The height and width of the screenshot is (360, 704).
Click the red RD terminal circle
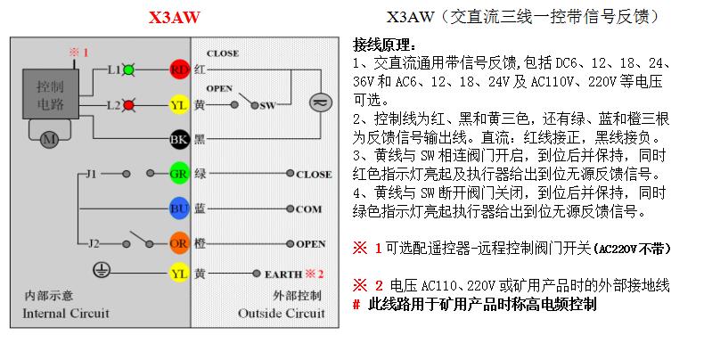(x=179, y=70)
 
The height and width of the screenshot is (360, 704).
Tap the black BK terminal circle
(x=179, y=139)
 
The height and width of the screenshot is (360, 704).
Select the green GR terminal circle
(x=179, y=175)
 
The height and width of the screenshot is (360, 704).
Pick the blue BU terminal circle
(x=179, y=209)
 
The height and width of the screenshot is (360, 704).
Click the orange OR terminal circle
(x=179, y=242)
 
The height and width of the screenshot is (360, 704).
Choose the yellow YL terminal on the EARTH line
(x=179, y=274)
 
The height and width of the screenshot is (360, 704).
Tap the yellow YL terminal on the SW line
(x=179, y=104)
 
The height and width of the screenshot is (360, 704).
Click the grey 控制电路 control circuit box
(x=51, y=91)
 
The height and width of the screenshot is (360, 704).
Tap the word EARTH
(x=283, y=274)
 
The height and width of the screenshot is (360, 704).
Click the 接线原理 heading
(x=384, y=45)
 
